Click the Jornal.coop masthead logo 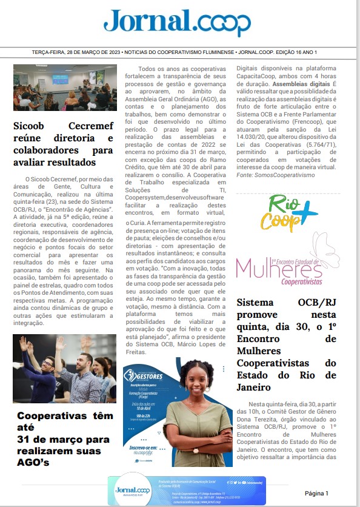pos(177,22)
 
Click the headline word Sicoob pos(33,126)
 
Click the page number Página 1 pos(316,493)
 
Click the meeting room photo pos(65,87)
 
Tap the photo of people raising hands pos(64,369)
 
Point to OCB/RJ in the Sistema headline pos(315,302)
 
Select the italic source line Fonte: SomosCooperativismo pos(276,175)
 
